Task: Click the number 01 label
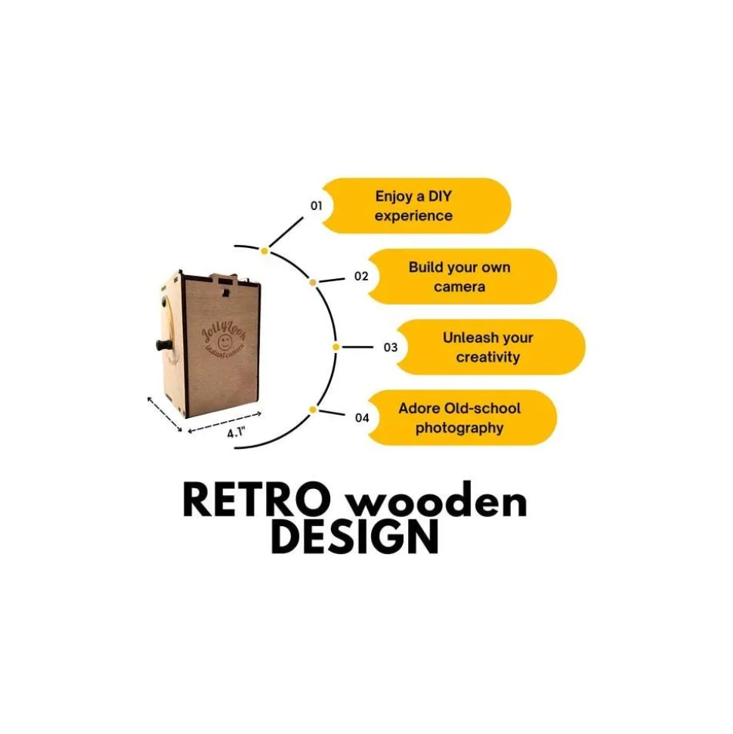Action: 316,205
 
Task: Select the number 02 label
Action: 361,277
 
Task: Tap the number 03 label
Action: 390,348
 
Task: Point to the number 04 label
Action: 362,417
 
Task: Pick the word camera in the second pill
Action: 459,287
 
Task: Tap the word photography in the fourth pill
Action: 459,429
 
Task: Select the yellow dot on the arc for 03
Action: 336,347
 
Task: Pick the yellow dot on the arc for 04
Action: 312,410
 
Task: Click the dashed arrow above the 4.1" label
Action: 224,421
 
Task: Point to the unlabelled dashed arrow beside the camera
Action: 165,413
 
